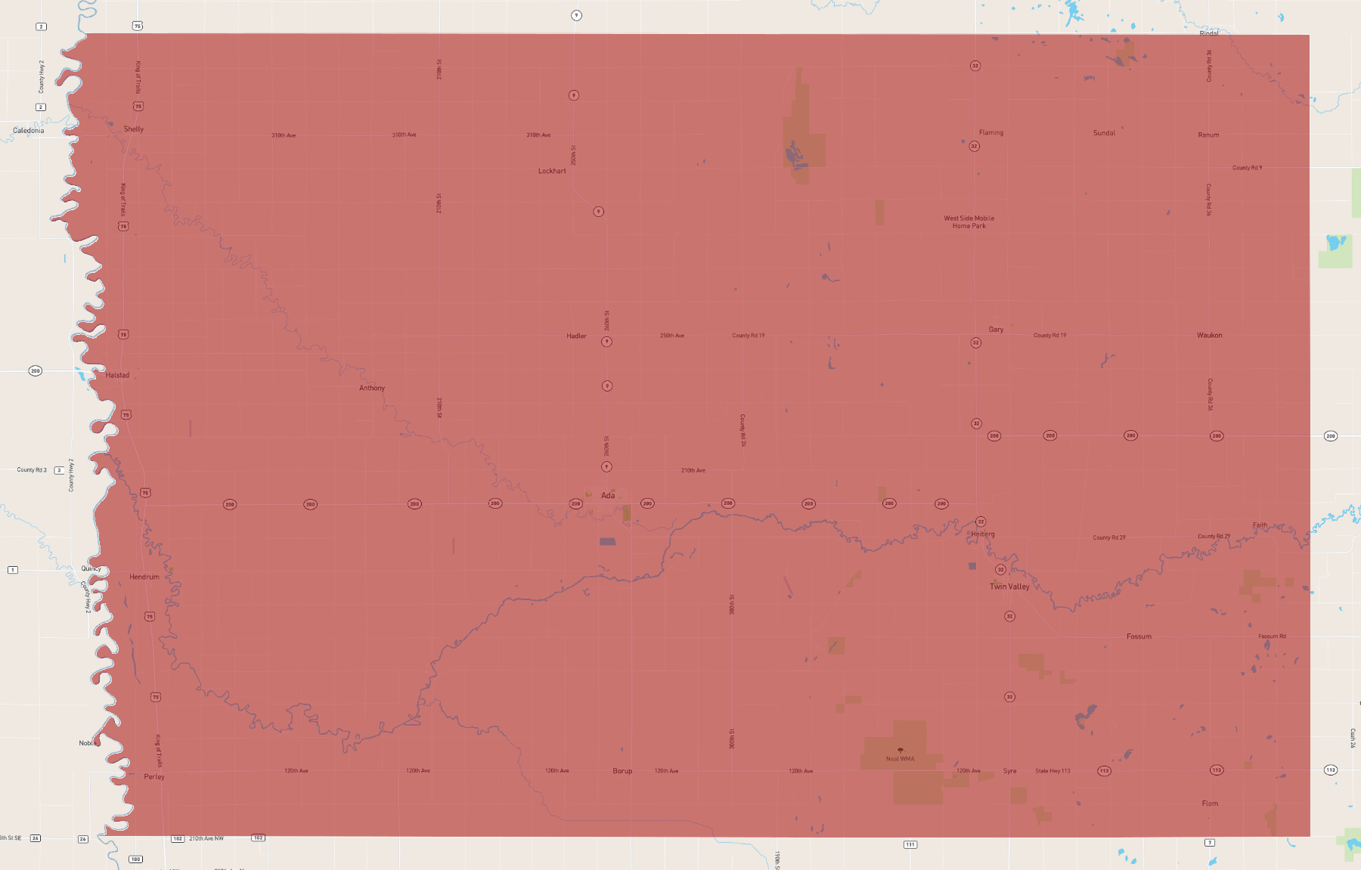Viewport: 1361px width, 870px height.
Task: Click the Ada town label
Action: [x=608, y=496]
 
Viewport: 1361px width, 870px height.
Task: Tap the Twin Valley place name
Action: [x=1009, y=587]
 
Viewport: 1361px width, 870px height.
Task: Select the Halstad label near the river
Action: [x=118, y=375]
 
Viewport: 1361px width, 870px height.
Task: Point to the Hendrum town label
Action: [x=144, y=577]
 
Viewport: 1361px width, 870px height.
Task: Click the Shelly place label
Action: [x=134, y=129]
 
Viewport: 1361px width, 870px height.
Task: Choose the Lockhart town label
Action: [x=552, y=171]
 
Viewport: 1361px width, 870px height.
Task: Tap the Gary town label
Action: [x=996, y=330]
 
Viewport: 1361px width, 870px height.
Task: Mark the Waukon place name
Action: [x=1209, y=336]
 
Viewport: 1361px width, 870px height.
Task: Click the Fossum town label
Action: [x=1139, y=636]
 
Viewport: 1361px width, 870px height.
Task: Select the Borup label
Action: [x=622, y=771]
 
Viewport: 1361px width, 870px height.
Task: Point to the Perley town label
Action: [x=154, y=777]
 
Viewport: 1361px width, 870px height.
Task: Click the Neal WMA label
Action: [x=900, y=759]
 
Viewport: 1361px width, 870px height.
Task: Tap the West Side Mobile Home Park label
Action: [x=969, y=222]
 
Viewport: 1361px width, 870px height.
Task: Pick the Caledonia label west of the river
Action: [x=29, y=131]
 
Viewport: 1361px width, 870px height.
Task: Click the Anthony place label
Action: [x=372, y=388]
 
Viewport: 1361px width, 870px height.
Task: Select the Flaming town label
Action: [x=991, y=132]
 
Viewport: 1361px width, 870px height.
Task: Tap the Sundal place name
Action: [x=1104, y=133]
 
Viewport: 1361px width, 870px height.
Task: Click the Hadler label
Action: [x=576, y=336]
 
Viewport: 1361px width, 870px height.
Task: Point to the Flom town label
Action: [x=1210, y=803]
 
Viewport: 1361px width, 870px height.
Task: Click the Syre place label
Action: [x=1009, y=771]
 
